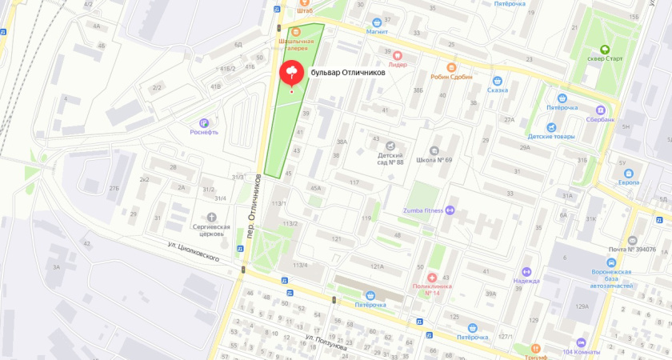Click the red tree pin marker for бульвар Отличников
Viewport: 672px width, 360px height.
coord(291,74)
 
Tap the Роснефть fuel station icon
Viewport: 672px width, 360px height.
coord(204,122)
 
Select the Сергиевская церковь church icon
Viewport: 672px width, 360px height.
coord(212,217)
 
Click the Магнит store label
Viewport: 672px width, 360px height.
coord(377,32)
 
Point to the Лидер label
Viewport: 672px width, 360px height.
coord(398,66)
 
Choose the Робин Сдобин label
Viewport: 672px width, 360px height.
coord(451,77)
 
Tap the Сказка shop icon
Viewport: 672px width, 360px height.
coord(497,90)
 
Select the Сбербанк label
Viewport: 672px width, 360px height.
coord(599,119)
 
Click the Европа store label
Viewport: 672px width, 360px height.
coord(628,182)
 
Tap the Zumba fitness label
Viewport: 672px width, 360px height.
coord(423,210)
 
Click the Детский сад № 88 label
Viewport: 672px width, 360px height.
coord(390,158)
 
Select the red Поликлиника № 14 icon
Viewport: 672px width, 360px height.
coord(432,276)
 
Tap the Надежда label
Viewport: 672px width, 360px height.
coord(526,281)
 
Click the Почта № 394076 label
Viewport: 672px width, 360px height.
coord(631,250)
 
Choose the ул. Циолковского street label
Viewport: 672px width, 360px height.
coord(193,251)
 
